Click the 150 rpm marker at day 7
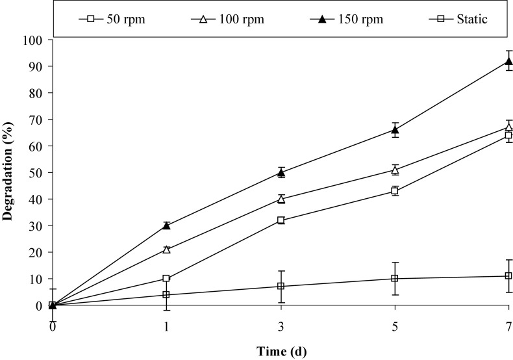coord(508,61)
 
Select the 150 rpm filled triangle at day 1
coord(166,225)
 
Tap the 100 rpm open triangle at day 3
coord(281,199)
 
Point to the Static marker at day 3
coord(281,286)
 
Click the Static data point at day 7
coord(508,276)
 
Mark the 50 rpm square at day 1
coord(166,278)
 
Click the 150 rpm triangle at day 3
coord(281,172)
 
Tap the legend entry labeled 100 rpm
coord(225,19)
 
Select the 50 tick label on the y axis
coord(36,173)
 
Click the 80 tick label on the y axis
coord(36,93)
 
